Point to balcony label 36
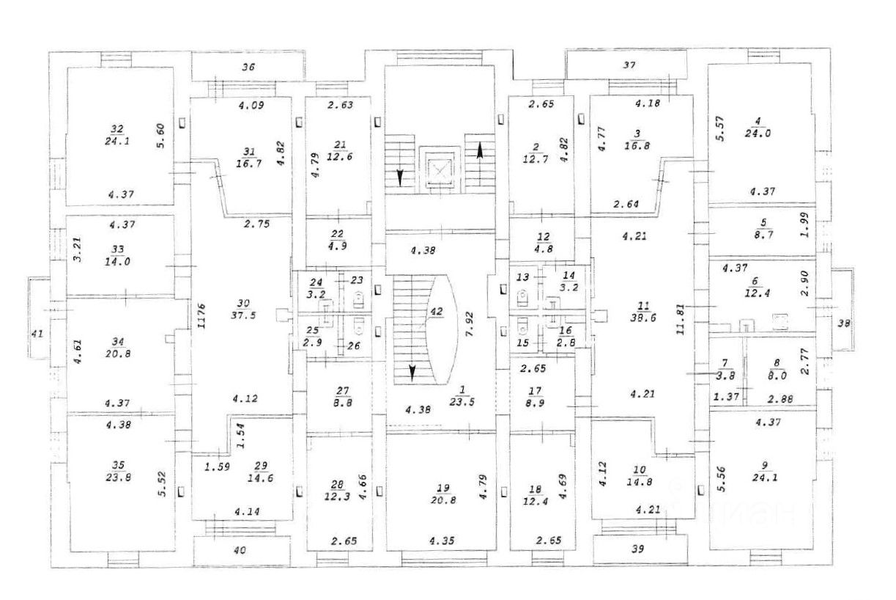pyautogui.click(x=248, y=67)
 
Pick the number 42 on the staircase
pyautogui.click(x=437, y=311)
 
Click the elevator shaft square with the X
pyautogui.click(x=439, y=169)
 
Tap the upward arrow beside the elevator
pyautogui.click(x=479, y=152)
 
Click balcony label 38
pyautogui.click(x=844, y=322)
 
